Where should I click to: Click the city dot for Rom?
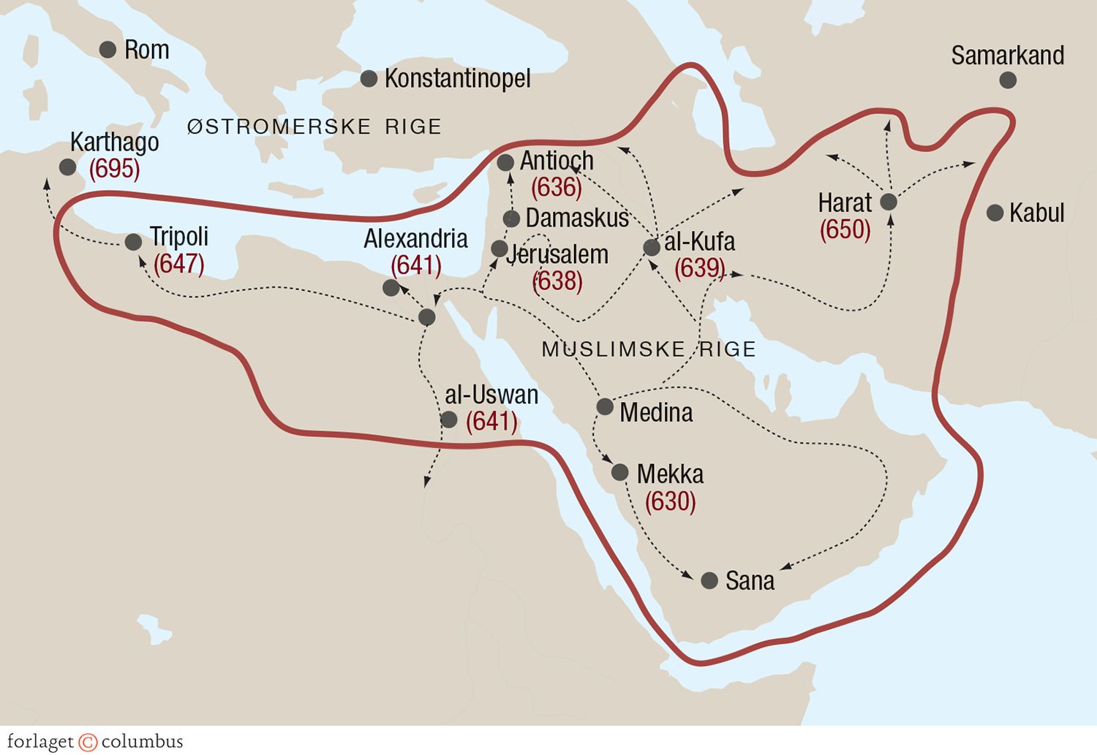pos(108,50)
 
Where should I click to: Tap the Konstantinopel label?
pos(457,79)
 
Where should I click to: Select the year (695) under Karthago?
pos(114,169)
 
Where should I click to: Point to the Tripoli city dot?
pos(133,242)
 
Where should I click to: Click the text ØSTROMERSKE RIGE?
pos(314,127)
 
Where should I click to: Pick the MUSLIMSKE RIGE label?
pos(649,349)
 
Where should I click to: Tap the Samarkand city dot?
pos(1008,80)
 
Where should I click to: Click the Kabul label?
pos(1036,213)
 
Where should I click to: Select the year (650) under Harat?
pos(845,230)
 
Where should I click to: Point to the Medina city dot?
pos(605,406)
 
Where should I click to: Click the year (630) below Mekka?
pos(670,501)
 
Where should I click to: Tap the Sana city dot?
pos(709,581)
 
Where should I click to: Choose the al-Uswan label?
pos(491,395)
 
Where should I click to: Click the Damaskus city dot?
pos(512,219)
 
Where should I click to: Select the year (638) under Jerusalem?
pos(558,281)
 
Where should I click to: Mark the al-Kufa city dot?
pos(652,247)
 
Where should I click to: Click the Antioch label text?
pos(557,161)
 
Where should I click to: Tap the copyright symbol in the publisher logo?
pos(88,742)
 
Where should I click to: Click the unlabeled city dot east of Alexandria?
pos(426,317)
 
